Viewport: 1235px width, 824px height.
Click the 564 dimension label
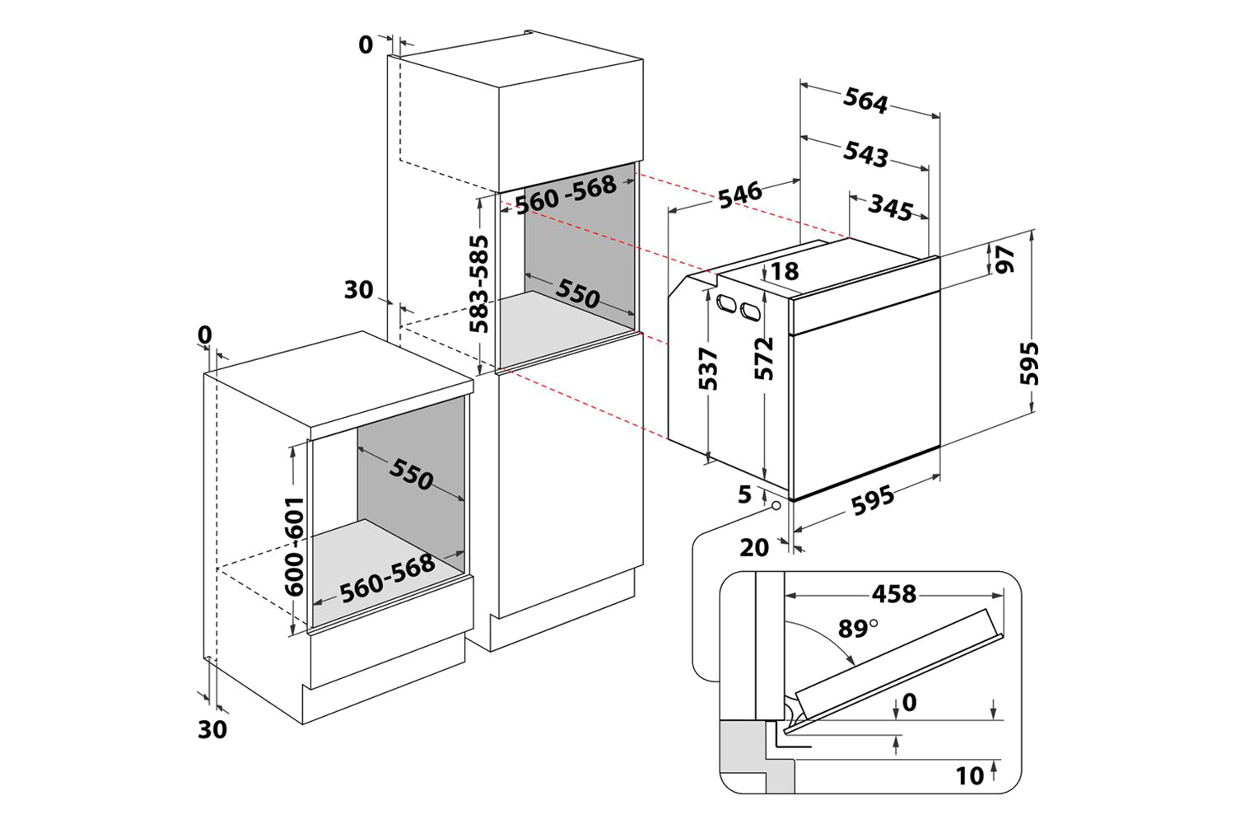pyautogui.click(x=865, y=101)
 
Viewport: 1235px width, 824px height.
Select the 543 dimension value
pyautogui.click(x=865, y=154)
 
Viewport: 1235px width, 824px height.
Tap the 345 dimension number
pyautogui.click(x=890, y=208)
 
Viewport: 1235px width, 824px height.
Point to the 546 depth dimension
pyautogui.click(x=741, y=194)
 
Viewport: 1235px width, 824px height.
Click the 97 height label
pyautogui.click(x=1004, y=259)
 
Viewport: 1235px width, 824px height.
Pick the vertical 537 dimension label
pyautogui.click(x=708, y=368)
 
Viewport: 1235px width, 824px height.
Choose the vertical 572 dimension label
pyautogui.click(x=764, y=358)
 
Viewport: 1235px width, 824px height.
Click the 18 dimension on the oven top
pyautogui.click(x=785, y=271)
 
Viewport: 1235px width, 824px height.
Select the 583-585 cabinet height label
pyautogui.click(x=478, y=283)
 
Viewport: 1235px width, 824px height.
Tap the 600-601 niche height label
pyautogui.click(x=294, y=546)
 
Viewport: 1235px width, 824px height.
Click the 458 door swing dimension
pyautogui.click(x=893, y=594)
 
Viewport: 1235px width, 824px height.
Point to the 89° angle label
pyautogui.click(x=858, y=628)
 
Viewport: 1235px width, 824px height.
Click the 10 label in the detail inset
pyautogui.click(x=970, y=776)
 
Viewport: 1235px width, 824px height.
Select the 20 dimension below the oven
pyautogui.click(x=753, y=547)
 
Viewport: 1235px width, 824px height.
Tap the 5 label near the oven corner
pyautogui.click(x=744, y=494)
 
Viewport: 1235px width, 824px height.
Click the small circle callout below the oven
pyautogui.click(x=777, y=505)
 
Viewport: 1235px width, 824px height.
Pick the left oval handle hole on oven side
pyautogui.click(x=726, y=302)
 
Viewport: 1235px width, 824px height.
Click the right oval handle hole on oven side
pyautogui.click(x=750, y=311)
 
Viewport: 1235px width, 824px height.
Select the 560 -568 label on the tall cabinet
pyautogui.click(x=566, y=193)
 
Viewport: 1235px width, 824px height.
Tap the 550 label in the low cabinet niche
pyautogui.click(x=411, y=474)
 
